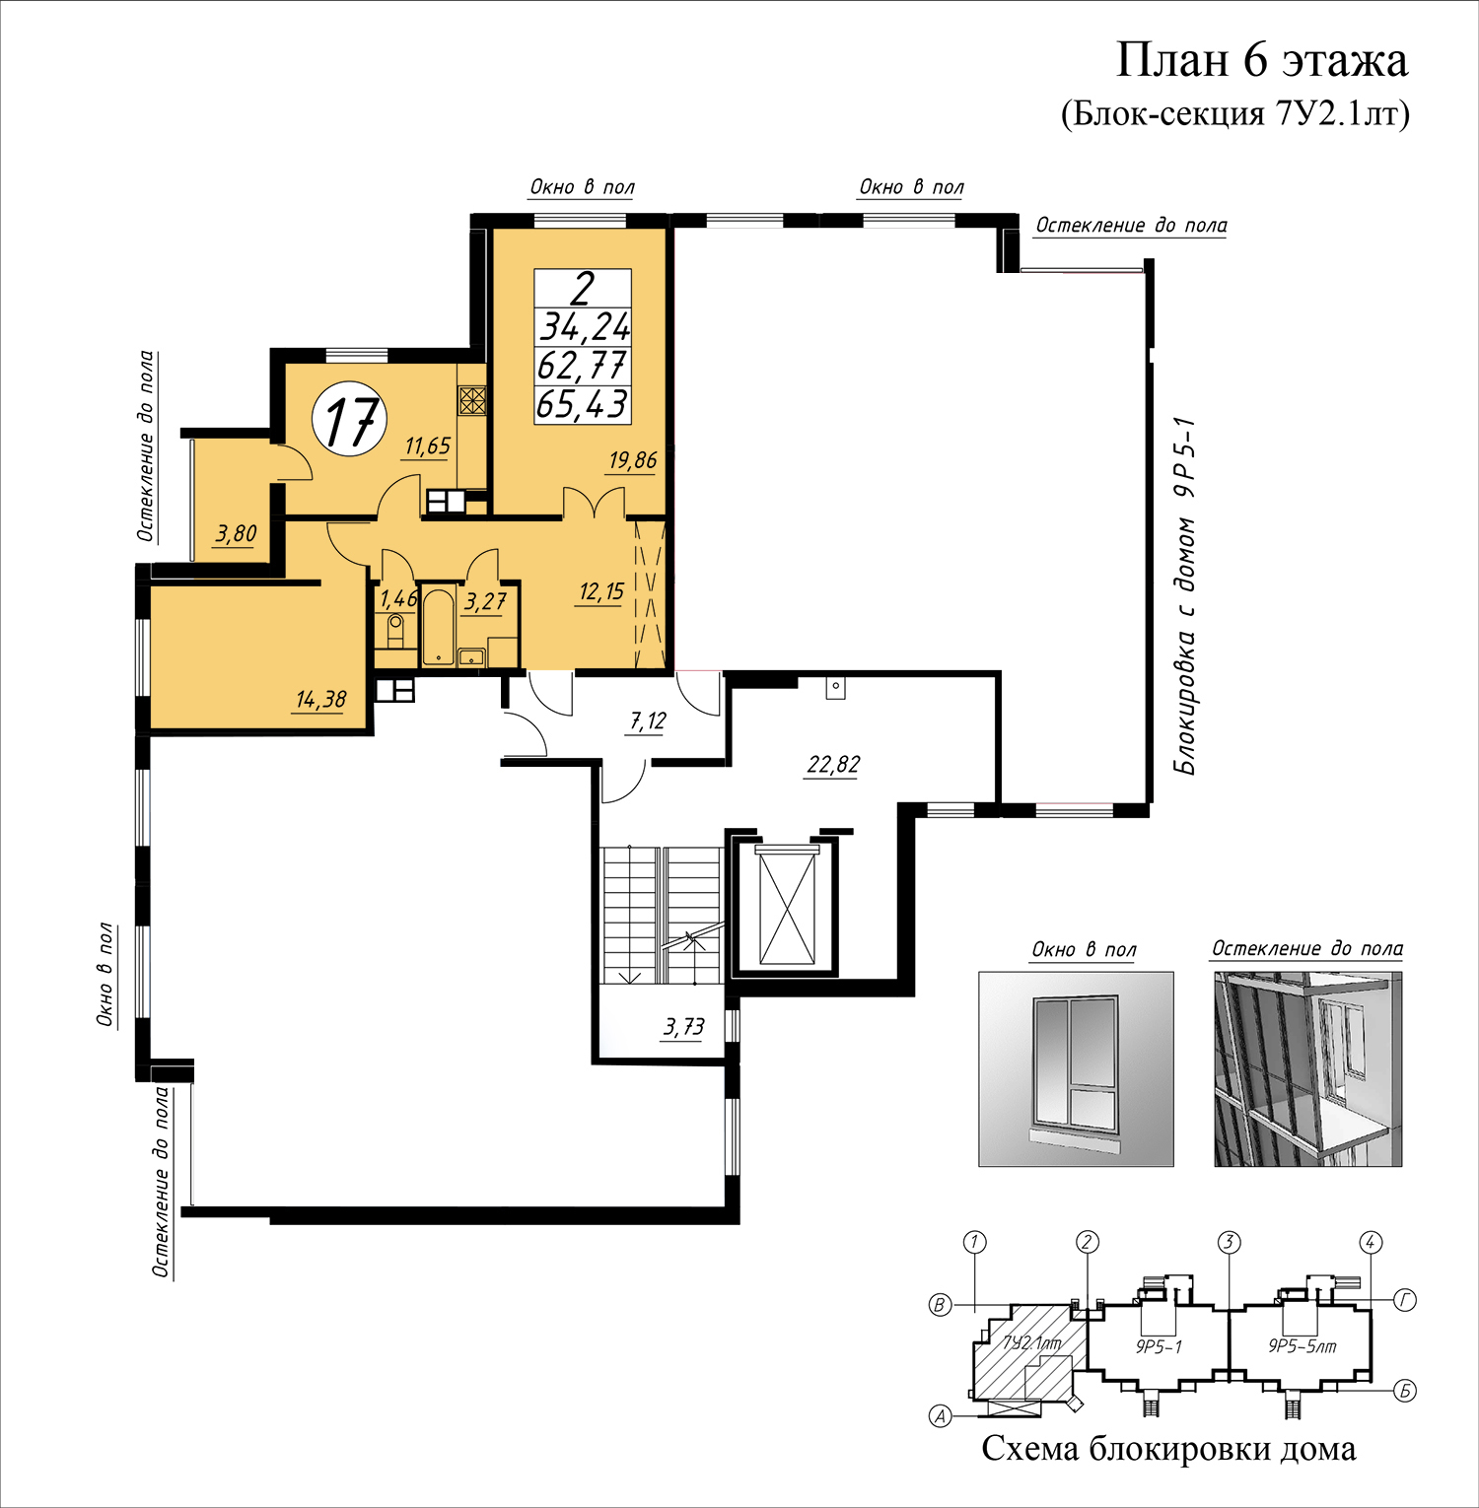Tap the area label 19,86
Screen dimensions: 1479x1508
pos(632,459)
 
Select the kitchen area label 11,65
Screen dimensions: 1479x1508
pos(427,446)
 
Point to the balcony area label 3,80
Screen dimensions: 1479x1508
pos(237,533)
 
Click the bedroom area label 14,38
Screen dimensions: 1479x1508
pos(321,699)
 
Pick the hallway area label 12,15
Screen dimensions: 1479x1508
pos(600,591)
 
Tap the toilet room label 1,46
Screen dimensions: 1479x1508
pos(398,598)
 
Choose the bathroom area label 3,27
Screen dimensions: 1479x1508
pos(485,600)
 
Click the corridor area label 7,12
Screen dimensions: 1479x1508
pos(648,720)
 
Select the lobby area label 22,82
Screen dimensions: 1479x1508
pos(833,764)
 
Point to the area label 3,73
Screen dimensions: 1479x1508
pos(684,1026)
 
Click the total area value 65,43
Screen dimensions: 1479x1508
pos(583,404)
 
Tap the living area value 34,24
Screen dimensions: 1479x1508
pos(584,325)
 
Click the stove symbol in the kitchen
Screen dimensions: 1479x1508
pos(472,400)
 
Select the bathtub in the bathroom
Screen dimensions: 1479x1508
pos(438,627)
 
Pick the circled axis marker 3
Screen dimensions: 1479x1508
pos(1229,1242)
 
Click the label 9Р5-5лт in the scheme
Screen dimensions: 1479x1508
pos(1303,1346)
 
